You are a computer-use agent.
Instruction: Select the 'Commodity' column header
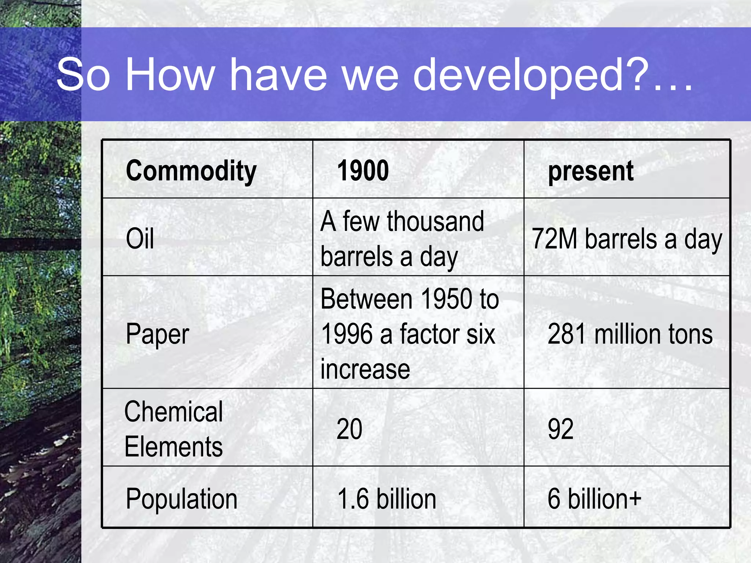click(191, 171)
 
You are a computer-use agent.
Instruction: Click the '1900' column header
click(363, 171)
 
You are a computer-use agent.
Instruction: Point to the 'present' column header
click(590, 171)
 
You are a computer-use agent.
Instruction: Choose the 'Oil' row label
click(140, 238)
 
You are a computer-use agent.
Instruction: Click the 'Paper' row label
click(157, 334)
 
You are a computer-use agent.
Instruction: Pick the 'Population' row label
click(182, 499)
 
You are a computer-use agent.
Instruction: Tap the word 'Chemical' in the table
click(173, 411)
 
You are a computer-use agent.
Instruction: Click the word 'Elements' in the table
click(173, 446)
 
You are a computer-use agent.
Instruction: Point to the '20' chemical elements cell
click(349, 428)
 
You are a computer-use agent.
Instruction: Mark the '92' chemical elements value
click(560, 428)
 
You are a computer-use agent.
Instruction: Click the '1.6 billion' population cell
click(387, 499)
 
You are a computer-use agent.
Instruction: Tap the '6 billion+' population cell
click(594, 499)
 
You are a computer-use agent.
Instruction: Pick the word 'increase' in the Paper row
click(365, 369)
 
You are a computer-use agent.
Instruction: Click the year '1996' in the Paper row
click(347, 334)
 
